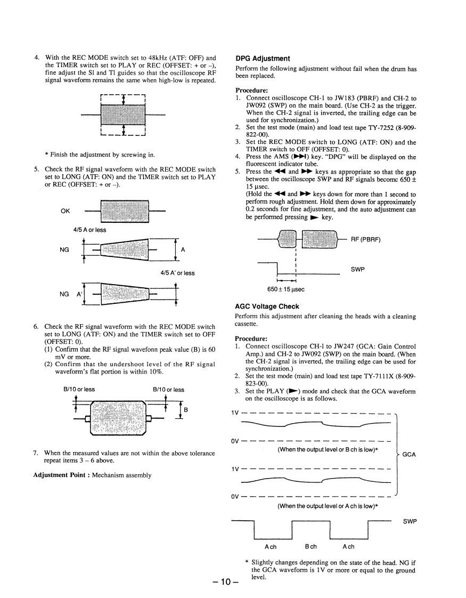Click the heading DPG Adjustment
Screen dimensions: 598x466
click(x=263, y=59)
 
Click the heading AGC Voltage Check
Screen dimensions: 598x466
click(x=267, y=306)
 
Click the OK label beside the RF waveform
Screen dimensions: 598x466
click(x=65, y=211)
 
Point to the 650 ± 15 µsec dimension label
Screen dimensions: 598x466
click(x=285, y=289)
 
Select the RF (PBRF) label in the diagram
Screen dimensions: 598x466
click(x=365, y=239)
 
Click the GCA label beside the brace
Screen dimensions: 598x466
click(x=409, y=455)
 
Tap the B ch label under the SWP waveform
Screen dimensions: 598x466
click(x=310, y=546)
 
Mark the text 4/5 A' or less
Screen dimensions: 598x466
click(x=177, y=273)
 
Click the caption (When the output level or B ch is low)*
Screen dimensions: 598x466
click(x=328, y=449)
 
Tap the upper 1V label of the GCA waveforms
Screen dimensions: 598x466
click(x=235, y=413)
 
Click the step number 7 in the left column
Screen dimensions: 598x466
click(x=36, y=453)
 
